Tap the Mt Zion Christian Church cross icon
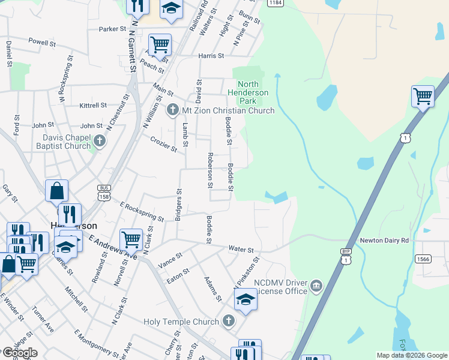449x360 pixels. coord(173,110)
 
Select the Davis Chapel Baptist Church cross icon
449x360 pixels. coord(100,141)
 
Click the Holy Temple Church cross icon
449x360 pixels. coord(228,322)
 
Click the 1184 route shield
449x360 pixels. coord(276,3)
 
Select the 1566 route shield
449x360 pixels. coord(423,259)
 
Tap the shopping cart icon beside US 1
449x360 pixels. coord(423,96)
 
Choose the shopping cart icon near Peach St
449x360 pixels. coord(160,44)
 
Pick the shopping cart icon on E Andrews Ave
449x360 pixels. coord(131,239)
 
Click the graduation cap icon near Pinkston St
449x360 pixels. coord(245,299)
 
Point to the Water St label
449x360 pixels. coord(241,249)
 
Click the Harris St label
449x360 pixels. coord(211,56)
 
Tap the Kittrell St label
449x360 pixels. coord(93,105)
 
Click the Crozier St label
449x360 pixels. coord(163,145)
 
